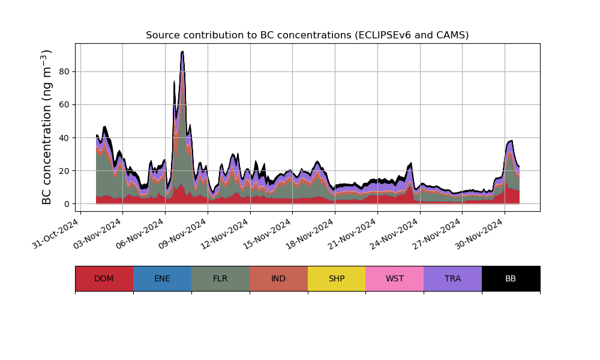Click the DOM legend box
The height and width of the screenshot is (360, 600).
point(104,278)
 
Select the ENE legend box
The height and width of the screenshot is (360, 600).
point(162,278)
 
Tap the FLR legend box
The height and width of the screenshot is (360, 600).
point(220,278)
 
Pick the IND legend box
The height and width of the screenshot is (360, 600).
point(278,278)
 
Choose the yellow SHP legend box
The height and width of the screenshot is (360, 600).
point(337,278)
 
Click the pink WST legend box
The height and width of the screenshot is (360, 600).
point(395,278)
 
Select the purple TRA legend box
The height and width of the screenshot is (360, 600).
point(453,278)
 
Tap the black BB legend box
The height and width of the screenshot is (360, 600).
point(511,278)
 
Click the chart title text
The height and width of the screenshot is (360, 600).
point(307,35)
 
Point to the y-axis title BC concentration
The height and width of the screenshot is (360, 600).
point(47,127)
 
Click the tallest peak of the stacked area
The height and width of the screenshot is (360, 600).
point(182,52)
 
